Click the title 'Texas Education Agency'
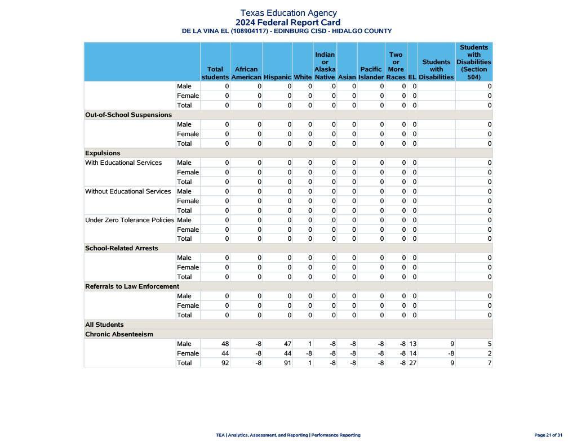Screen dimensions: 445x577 tap(288, 13)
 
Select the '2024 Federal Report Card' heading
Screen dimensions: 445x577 tap(288, 23)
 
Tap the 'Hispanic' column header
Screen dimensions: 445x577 tap(277, 77)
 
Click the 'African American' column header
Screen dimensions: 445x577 tap(246, 73)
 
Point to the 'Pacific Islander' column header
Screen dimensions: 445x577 tap(371, 73)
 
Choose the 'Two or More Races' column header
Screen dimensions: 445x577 tap(396, 66)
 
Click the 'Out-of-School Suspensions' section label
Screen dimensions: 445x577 tap(128, 115)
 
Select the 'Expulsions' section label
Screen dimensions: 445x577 tap(103, 153)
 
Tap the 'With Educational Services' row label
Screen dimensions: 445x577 tap(123, 163)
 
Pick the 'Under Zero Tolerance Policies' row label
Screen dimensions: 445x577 tap(130, 220)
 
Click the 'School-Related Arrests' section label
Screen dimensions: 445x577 tap(122, 248)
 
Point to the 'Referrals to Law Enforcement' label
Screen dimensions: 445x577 tap(132, 286)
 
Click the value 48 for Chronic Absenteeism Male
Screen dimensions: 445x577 tap(225, 344)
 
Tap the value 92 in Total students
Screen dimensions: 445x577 tap(225, 363)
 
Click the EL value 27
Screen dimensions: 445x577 tap(413, 363)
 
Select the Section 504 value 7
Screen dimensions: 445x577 tap(490, 363)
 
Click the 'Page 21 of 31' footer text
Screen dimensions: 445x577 tap(548, 435)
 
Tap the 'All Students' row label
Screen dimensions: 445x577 tap(104, 325)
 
